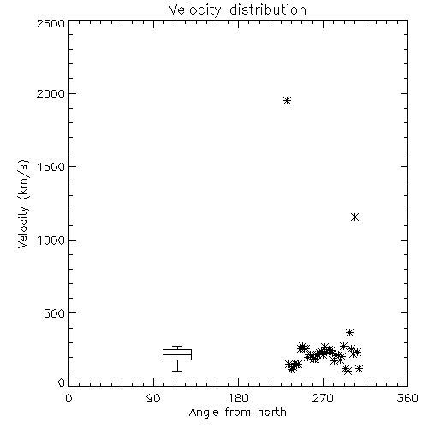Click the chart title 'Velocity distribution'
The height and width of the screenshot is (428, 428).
point(237,9)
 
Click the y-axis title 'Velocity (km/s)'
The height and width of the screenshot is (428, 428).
point(23,204)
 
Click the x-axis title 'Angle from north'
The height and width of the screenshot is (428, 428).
point(237,413)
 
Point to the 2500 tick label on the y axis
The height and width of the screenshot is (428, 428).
point(51,23)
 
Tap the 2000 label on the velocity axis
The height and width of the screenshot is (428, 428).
point(51,94)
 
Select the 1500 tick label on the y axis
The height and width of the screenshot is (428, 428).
point(51,167)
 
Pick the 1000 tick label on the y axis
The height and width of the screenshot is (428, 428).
point(51,241)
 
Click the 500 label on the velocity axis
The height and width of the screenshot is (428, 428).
point(54,313)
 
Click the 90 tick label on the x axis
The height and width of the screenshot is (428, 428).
point(153,398)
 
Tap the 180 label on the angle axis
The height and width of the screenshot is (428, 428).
point(238,398)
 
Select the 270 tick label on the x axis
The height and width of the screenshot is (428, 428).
point(323,398)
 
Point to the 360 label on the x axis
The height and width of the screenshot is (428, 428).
point(407,398)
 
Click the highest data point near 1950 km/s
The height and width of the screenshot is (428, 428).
point(287,100)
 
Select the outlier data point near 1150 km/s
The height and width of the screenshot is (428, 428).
point(354,217)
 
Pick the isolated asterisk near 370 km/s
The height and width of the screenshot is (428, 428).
point(349,332)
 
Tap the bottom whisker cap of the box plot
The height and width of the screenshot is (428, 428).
point(177,371)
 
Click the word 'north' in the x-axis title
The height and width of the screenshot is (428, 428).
point(271,413)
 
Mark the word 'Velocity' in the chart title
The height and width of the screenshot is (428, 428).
point(194,9)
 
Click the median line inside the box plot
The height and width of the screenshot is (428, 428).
point(177,354)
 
